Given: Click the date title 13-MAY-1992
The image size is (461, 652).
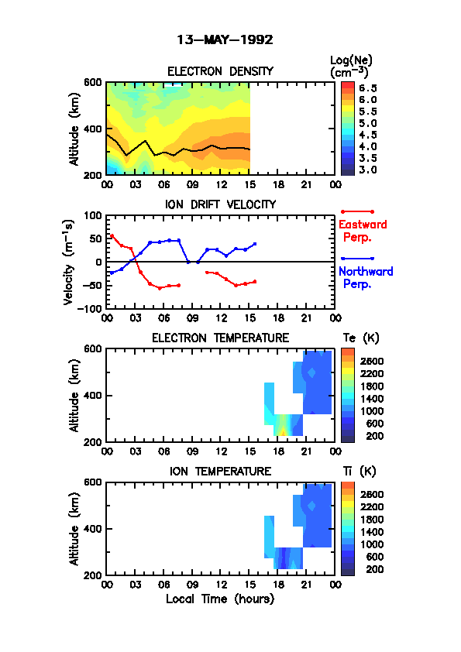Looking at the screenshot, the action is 225,40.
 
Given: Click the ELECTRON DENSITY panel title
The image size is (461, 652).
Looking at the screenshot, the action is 220,71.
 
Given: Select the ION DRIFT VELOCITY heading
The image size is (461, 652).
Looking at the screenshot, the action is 220,204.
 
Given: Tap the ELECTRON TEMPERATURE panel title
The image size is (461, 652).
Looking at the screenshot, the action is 220,338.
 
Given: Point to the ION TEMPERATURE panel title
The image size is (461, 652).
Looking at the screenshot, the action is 220,472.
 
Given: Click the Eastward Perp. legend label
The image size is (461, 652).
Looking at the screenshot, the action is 363,231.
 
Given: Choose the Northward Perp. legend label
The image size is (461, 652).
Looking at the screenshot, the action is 366,278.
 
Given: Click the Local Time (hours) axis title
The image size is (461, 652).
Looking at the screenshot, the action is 220,599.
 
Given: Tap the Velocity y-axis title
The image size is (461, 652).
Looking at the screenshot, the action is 69,263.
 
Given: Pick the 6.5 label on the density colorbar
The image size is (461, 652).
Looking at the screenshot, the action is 368,88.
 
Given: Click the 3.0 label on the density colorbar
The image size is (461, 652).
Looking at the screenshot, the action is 368,170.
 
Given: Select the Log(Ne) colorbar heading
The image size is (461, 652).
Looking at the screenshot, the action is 351,66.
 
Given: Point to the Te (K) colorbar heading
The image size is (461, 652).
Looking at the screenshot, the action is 361,338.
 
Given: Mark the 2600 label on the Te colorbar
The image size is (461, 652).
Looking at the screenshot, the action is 372,362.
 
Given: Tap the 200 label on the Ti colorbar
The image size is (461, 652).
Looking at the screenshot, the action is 374,569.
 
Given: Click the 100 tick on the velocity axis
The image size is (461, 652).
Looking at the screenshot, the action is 93,215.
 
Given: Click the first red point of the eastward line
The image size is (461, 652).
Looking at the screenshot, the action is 112,235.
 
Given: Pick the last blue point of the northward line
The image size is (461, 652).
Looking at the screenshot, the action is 255,244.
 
